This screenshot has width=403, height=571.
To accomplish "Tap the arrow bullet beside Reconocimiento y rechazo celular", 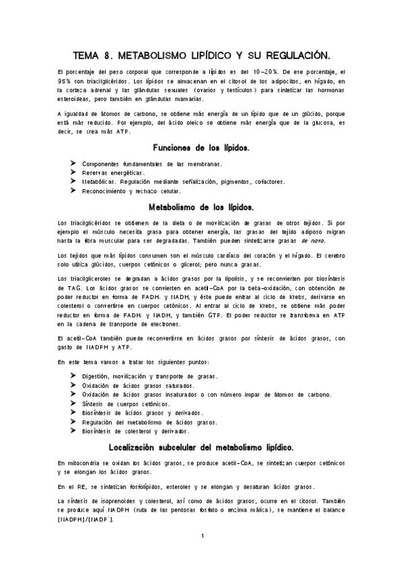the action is tap(73, 191).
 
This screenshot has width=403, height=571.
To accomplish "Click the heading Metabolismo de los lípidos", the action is tap(201, 207).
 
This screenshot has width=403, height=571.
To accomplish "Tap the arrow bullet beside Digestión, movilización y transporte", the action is tap(73, 375).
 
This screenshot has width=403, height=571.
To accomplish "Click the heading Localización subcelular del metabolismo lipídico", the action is tap(201, 446).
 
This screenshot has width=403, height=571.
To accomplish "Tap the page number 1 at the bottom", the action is tap(202, 536).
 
